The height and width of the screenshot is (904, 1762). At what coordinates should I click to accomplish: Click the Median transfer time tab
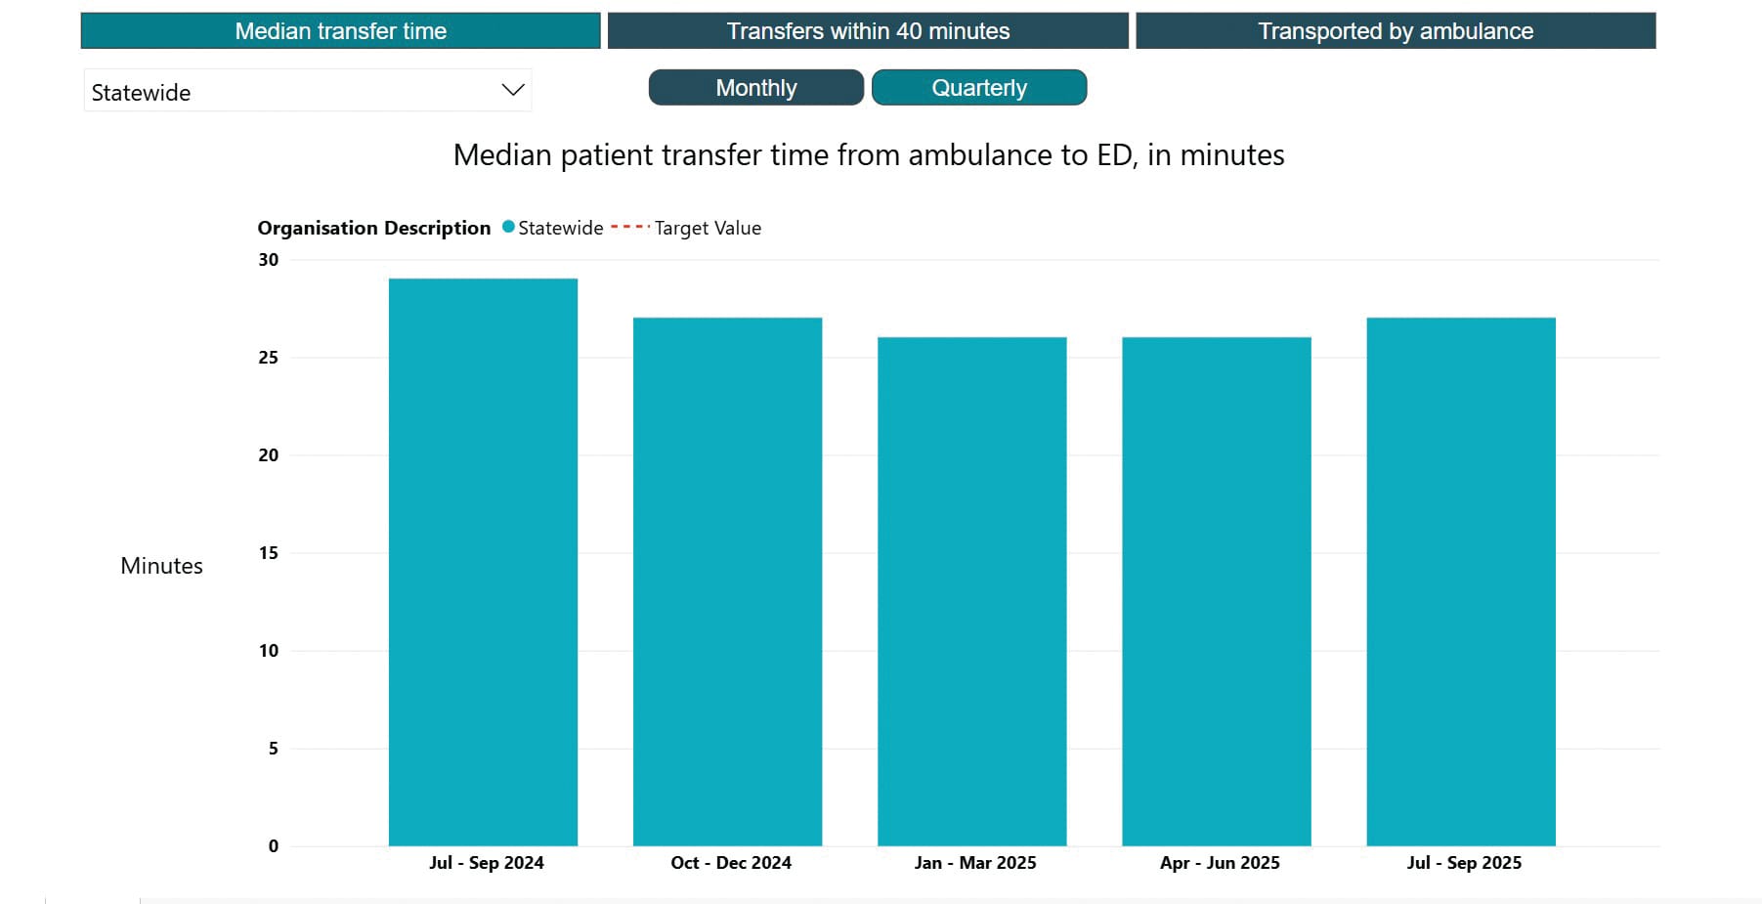tap(340, 31)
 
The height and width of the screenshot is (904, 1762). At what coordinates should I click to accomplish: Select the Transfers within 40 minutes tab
tap(868, 31)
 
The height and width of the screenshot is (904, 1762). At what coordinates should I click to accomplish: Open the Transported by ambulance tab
tap(1395, 31)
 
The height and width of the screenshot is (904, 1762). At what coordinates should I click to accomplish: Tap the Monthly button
tap(755, 88)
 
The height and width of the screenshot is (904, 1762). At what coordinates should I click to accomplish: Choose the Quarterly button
tap(978, 88)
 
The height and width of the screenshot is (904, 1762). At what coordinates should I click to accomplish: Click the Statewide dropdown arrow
tap(512, 90)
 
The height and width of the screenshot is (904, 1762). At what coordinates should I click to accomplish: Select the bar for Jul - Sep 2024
tap(483, 562)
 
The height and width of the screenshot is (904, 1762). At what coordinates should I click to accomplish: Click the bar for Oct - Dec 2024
tap(727, 581)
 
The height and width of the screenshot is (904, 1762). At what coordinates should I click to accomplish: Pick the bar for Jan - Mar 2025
tap(971, 591)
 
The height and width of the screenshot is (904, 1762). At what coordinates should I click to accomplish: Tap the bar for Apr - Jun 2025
tap(1216, 591)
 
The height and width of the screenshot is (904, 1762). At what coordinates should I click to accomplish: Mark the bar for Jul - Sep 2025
tap(1460, 581)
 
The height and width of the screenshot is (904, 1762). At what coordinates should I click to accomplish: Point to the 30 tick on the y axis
tap(268, 260)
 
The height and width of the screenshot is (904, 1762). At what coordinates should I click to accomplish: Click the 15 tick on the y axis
tap(268, 553)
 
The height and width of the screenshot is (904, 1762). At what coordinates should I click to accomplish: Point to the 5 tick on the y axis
tap(273, 749)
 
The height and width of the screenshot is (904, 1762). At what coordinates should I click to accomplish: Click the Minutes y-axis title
tap(161, 566)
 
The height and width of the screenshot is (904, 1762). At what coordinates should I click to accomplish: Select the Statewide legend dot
tap(508, 227)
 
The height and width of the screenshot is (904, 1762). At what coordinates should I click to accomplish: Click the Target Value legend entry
tap(707, 228)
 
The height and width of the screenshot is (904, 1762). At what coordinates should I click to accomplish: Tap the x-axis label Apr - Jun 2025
tap(1219, 863)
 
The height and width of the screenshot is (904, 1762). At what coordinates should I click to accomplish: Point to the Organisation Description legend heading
tap(373, 228)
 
